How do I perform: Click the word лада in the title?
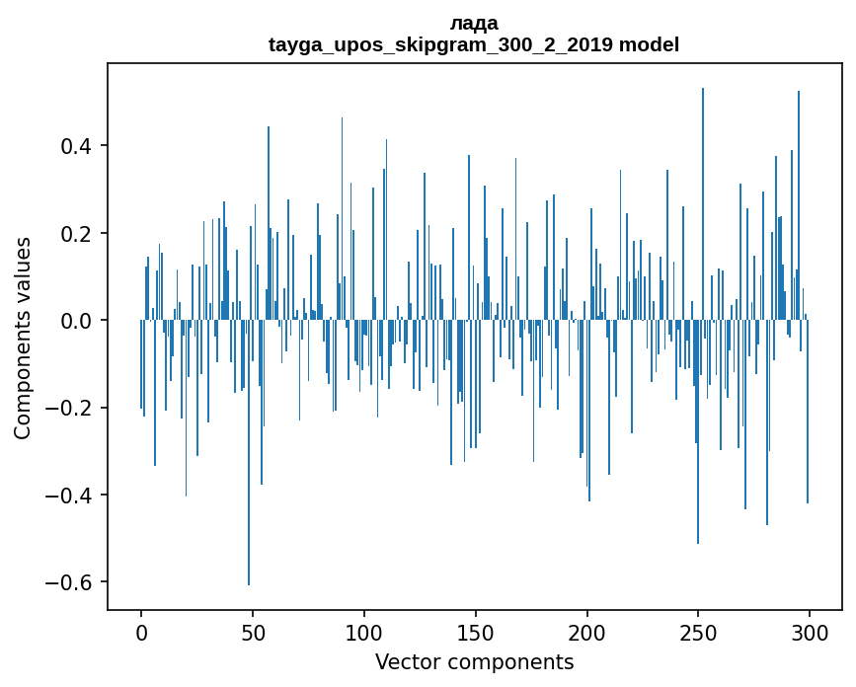[x=474, y=24]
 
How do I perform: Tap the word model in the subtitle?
[x=650, y=45]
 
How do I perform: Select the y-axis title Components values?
[x=23, y=338]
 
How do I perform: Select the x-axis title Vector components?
[x=474, y=662]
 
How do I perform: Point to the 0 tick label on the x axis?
[x=141, y=633]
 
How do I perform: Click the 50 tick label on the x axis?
[x=253, y=633]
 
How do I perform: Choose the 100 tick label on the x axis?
[x=364, y=633]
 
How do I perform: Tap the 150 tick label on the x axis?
[x=476, y=633]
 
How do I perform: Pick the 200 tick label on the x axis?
[x=587, y=633]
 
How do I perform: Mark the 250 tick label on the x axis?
[x=699, y=633]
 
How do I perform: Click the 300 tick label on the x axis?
[x=810, y=633]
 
